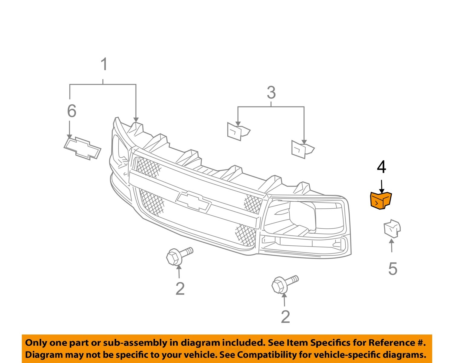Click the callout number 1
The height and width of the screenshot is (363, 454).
point(104,65)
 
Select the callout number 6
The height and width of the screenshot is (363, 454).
point(72,111)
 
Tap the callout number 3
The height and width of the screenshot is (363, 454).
point(271,92)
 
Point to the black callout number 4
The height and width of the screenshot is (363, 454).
point(381,167)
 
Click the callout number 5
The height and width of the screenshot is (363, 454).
point(393,269)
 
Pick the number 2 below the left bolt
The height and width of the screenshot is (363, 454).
point(180,289)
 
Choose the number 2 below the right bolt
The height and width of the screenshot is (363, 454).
point(285,317)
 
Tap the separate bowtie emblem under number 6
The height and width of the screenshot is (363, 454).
point(82,148)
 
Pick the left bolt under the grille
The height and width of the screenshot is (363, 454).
point(179,256)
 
